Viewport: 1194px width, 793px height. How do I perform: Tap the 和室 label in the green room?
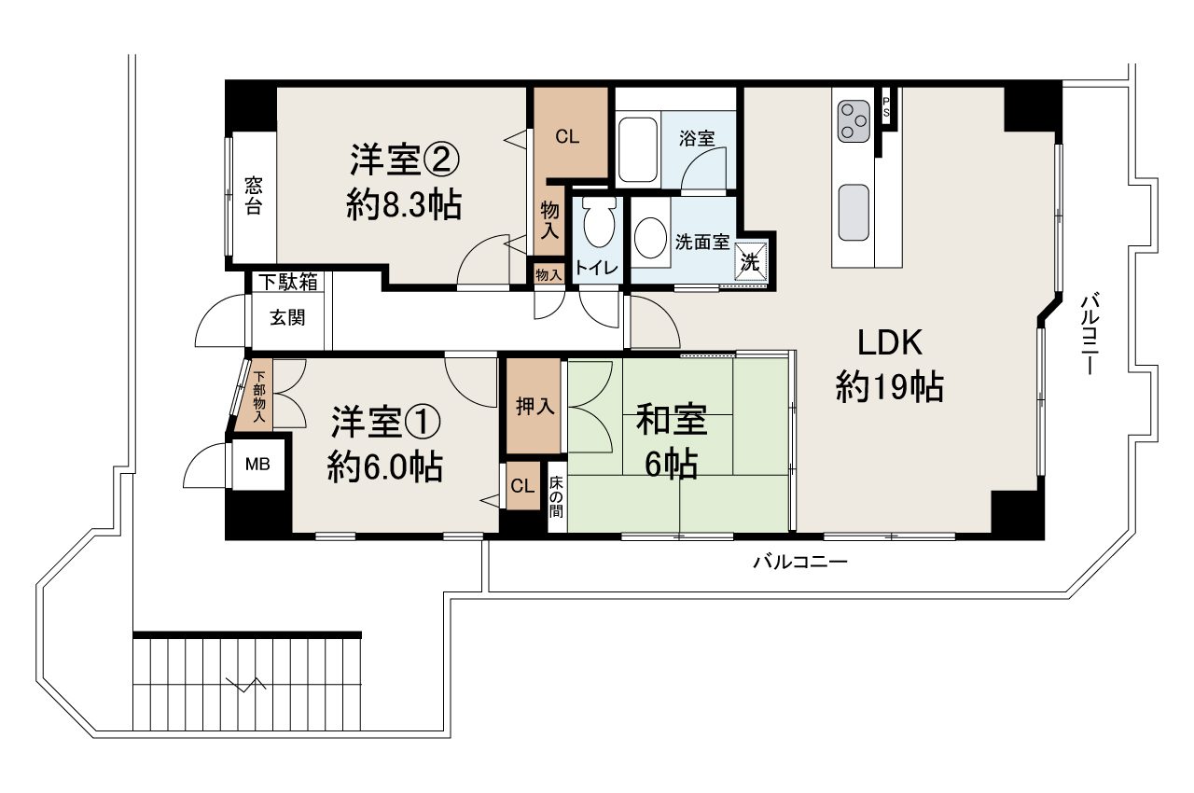672,420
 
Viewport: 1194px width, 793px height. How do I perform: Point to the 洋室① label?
384,423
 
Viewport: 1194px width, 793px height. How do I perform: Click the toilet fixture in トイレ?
597,225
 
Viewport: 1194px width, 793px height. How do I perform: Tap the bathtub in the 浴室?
638,149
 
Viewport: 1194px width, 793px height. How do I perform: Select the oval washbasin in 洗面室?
649,239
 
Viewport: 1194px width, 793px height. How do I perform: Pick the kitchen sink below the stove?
854,212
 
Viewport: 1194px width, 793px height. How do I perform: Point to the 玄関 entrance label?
287,317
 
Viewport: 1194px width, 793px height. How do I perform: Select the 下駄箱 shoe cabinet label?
288,281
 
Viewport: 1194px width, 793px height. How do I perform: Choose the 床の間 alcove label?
556,497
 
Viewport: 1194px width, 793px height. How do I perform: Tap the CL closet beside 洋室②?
568,136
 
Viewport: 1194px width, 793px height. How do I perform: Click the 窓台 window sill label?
254,196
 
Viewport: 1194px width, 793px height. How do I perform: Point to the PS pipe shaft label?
886,106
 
